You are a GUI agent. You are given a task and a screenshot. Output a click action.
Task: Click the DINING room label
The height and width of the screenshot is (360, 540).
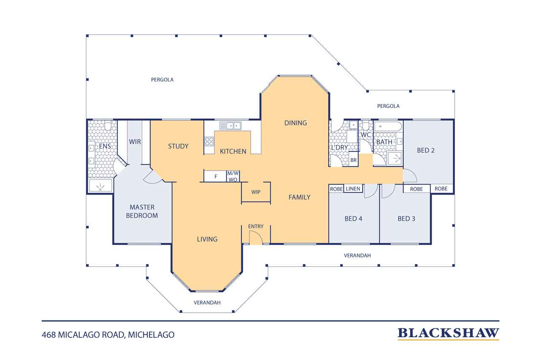click(x=296, y=123)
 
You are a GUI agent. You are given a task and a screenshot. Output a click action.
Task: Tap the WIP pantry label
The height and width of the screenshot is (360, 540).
click(x=256, y=192)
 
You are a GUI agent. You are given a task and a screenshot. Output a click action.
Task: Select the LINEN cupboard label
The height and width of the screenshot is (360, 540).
click(x=353, y=189)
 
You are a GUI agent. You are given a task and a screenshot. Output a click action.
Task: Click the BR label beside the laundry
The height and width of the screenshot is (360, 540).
click(x=354, y=160)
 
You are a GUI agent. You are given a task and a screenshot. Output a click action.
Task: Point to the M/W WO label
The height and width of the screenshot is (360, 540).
click(x=233, y=176)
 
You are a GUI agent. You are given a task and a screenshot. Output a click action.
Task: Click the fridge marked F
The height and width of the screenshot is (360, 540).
click(x=216, y=176)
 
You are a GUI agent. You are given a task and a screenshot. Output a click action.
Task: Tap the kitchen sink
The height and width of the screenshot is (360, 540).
click(x=230, y=126)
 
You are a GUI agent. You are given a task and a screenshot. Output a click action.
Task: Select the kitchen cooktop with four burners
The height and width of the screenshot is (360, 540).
click(x=209, y=141)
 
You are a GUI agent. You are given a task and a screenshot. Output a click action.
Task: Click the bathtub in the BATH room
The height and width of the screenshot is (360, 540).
click(x=388, y=126)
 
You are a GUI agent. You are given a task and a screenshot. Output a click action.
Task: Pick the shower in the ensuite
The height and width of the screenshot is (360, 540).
click(x=100, y=185)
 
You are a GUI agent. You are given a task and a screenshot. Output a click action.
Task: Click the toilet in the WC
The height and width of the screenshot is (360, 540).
click(x=366, y=126)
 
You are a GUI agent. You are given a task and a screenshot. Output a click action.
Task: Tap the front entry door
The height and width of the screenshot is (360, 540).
click(x=256, y=238)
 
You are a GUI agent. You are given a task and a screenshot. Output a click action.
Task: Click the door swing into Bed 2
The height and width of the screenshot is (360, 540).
click(x=410, y=176)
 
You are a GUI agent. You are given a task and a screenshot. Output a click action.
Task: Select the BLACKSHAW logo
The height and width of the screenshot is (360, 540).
click(x=448, y=334)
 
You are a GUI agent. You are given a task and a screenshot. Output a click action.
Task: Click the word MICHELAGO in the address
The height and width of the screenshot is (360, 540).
click(x=151, y=335)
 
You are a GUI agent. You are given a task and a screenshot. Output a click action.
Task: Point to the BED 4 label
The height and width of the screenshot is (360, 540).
click(x=354, y=219)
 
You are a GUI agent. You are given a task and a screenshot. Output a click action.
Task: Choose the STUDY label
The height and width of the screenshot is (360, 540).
click(x=178, y=146)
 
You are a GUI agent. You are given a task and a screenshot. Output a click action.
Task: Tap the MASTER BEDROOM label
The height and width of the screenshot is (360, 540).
click(x=142, y=211)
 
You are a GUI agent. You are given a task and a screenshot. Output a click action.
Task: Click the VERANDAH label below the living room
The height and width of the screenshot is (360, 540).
click(x=207, y=303)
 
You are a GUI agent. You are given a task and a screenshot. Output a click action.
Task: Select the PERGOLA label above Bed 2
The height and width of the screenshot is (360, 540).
click(x=388, y=106)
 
